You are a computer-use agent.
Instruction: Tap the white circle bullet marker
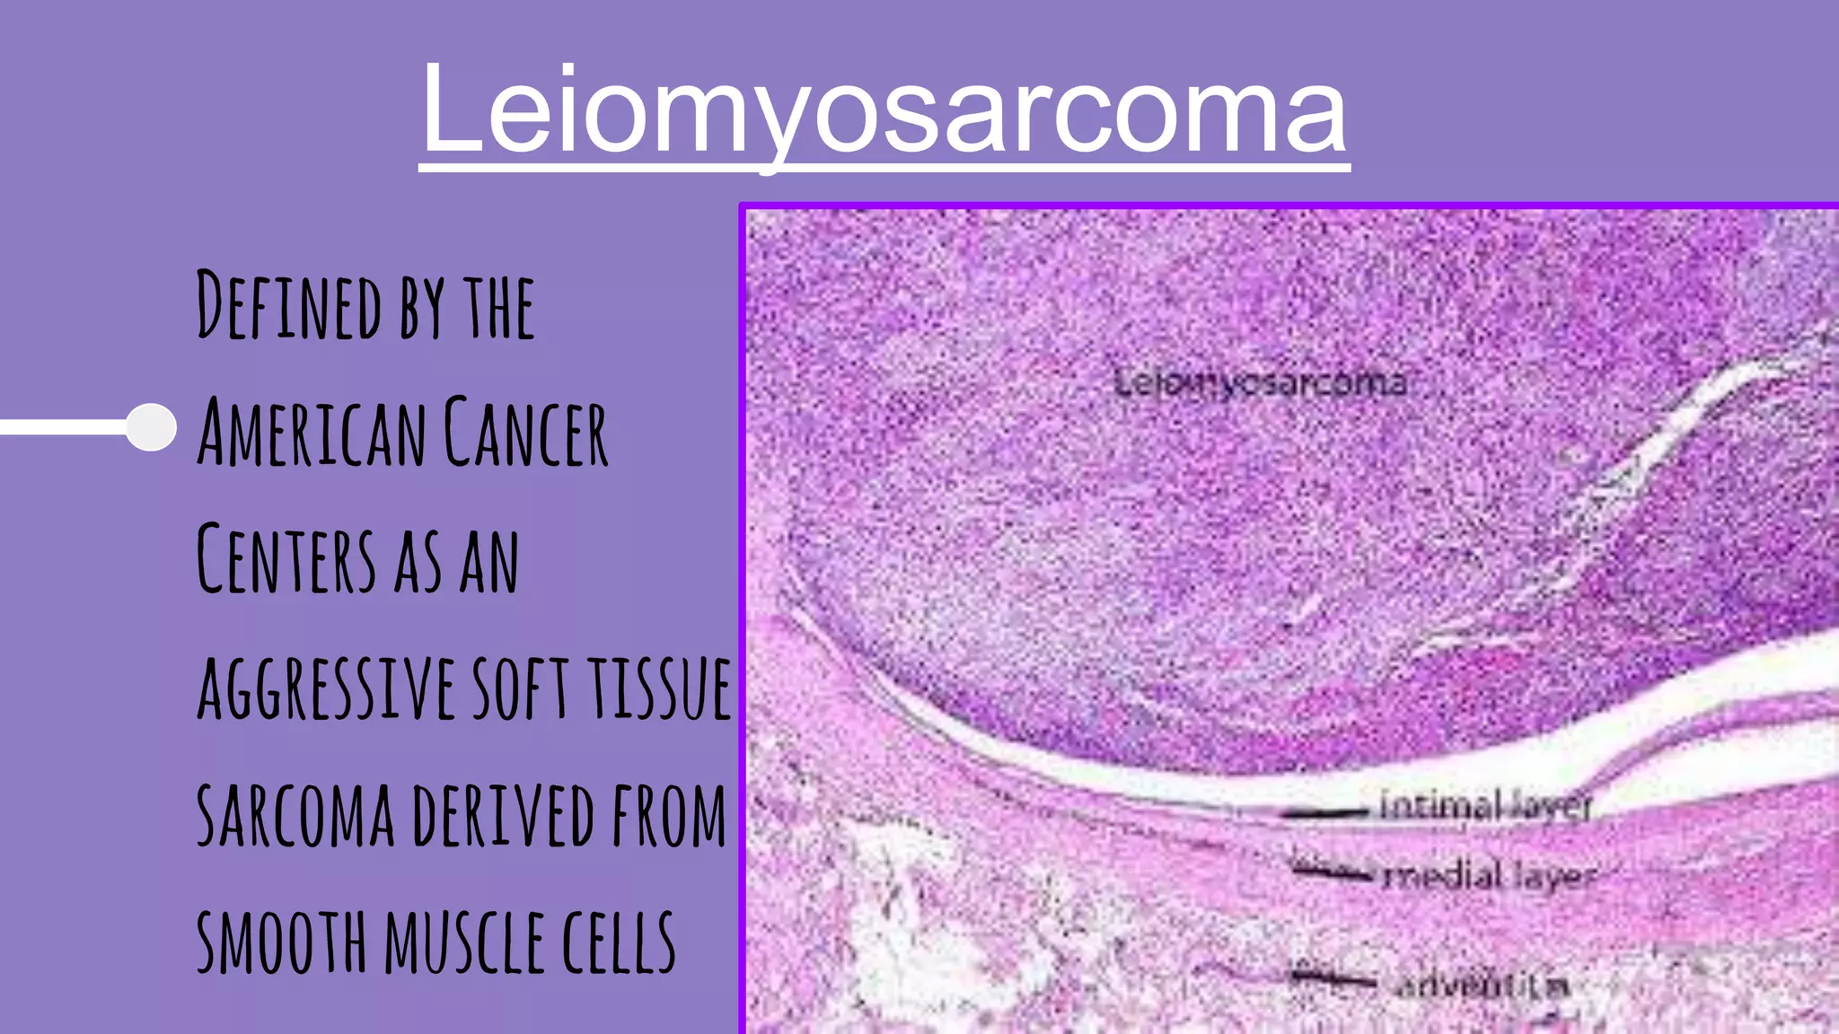click(151, 426)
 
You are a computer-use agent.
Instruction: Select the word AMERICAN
click(312, 433)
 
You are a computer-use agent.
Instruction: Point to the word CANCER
click(526, 433)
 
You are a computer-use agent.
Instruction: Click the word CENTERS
click(286, 559)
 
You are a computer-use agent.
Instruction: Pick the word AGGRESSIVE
click(326, 688)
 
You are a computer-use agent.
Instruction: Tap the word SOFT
click(521, 688)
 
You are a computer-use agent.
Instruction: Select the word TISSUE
click(660, 688)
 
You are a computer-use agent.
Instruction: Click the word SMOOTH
click(282, 942)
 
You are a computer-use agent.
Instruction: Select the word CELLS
click(619, 942)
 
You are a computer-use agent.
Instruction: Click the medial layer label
click(1491, 875)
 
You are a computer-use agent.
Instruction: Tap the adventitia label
click(1483, 986)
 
